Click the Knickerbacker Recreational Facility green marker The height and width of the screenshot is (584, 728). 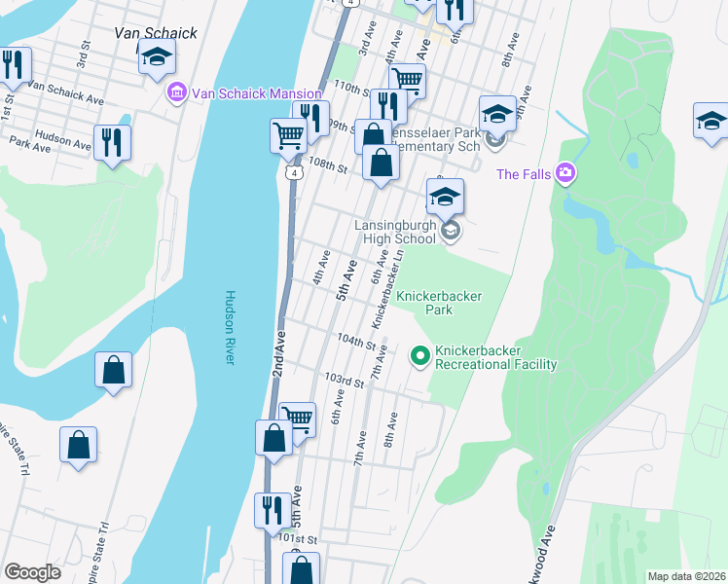[x=420, y=357]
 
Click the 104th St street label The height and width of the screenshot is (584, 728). [x=356, y=342]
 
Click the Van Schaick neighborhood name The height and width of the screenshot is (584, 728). [x=156, y=32]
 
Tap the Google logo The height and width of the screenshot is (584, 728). [x=32, y=572]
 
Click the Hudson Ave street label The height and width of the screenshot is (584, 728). [x=63, y=140]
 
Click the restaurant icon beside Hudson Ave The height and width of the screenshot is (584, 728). [x=113, y=143]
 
